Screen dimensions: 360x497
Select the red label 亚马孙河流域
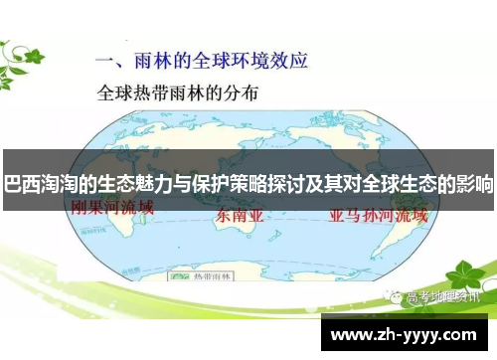click(372, 213)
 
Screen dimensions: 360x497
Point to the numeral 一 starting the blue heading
click(105, 60)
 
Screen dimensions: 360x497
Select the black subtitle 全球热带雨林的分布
click(178, 95)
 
